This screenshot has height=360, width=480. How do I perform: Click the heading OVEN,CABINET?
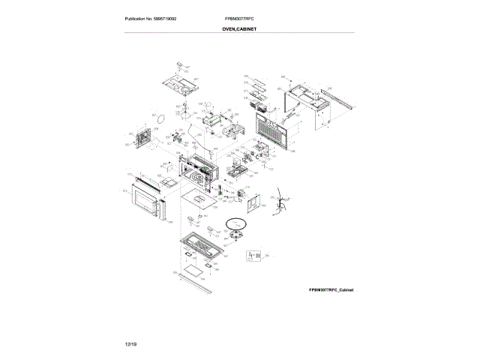pos(239,28)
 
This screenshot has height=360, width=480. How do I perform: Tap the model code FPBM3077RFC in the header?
pos(239,18)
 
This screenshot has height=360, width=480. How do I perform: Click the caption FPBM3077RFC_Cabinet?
pos(331,289)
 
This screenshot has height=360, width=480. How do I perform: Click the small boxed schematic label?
pos(253,256)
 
